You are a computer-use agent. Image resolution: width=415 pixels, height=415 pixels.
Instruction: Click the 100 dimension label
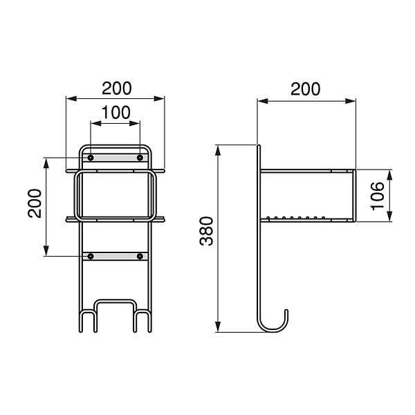click(x=116, y=113)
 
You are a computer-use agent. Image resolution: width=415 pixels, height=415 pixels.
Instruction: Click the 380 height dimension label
click(x=207, y=231)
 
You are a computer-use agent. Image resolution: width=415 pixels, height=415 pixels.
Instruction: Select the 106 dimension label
click(x=378, y=196)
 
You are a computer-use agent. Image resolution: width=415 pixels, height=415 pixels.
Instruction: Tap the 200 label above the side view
click(x=306, y=89)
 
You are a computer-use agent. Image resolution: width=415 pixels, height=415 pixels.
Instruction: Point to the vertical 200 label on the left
click(x=35, y=203)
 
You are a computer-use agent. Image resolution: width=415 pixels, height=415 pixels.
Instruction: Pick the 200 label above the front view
click(x=117, y=89)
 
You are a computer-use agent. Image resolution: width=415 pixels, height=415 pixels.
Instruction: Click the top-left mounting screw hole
click(x=91, y=158)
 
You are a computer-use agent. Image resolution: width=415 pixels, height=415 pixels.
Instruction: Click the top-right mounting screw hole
click(x=140, y=158)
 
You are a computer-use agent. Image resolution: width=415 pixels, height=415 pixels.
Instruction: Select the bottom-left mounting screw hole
click(x=91, y=256)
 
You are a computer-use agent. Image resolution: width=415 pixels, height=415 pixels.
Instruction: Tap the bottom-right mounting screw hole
click(x=140, y=256)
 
